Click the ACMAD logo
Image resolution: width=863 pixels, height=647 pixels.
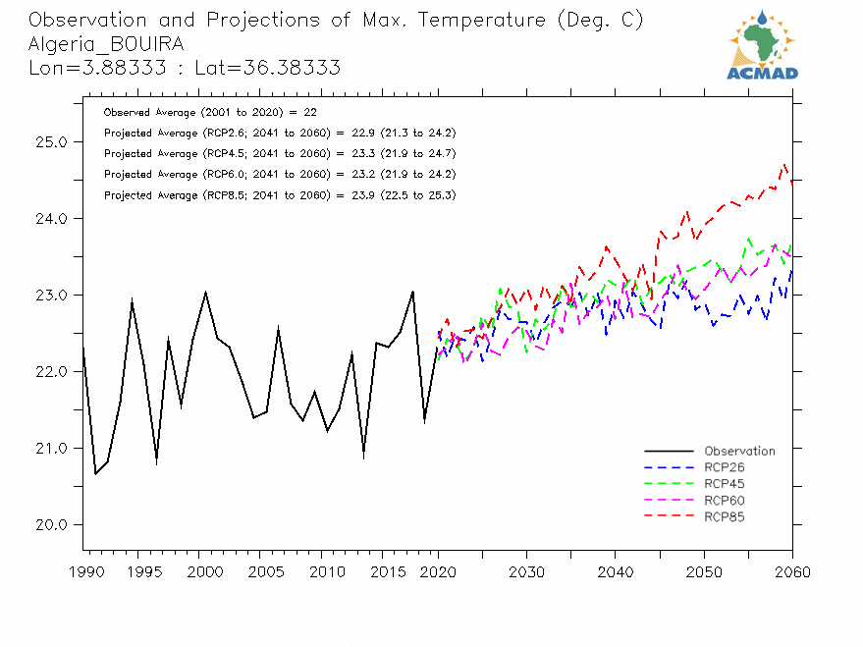tap(762, 43)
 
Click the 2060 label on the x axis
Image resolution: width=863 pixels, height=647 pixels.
tap(792, 572)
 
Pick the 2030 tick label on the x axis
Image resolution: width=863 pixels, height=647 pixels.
tap(526, 572)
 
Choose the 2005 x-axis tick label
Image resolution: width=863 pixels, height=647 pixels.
tap(260, 572)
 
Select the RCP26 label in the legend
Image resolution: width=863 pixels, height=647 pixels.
tap(725, 467)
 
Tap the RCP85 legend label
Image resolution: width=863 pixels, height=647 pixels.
tap(725, 516)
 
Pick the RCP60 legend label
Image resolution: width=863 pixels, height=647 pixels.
tap(725, 501)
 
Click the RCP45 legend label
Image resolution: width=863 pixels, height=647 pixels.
tap(725, 484)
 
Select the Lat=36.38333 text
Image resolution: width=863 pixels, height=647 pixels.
tap(285, 68)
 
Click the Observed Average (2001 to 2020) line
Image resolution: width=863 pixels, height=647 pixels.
tap(209, 113)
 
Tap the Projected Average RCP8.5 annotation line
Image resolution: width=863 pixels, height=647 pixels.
tap(279, 195)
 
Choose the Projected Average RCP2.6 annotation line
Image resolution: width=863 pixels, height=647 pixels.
tap(279, 134)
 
